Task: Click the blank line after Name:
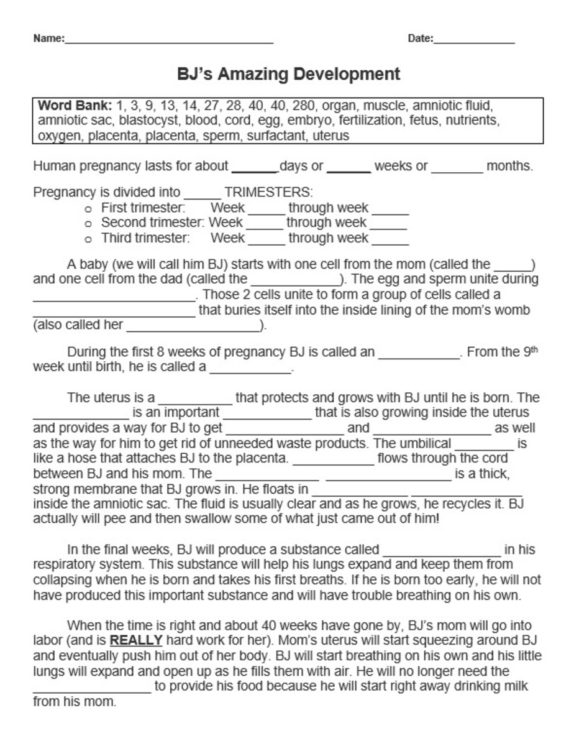(x=169, y=41)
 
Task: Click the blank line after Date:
(x=474, y=41)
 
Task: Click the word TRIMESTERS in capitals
(x=268, y=192)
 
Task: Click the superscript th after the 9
(x=534, y=349)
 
